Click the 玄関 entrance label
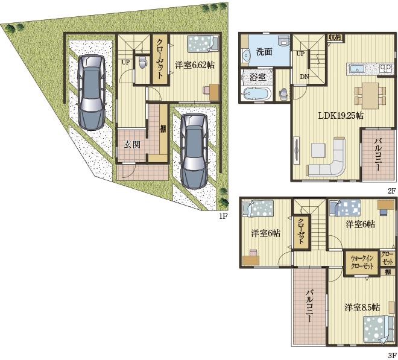click(x=132, y=145)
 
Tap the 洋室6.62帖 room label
click(x=195, y=65)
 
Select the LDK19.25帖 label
click(x=341, y=116)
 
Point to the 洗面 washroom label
click(x=264, y=52)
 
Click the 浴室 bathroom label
click(x=257, y=77)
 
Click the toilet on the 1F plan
click(x=143, y=62)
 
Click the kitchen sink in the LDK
click(x=357, y=69)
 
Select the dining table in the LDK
click(x=370, y=95)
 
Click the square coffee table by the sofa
click(x=318, y=150)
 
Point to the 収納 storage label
click(x=335, y=37)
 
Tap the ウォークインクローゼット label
click(x=362, y=262)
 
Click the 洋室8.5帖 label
click(x=362, y=308)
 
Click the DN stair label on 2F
click(x=304, y=76)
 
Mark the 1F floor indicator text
click(x=223, y=216)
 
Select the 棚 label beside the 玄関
click(x=163, y=128)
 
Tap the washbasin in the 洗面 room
click(x=245, y=55)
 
